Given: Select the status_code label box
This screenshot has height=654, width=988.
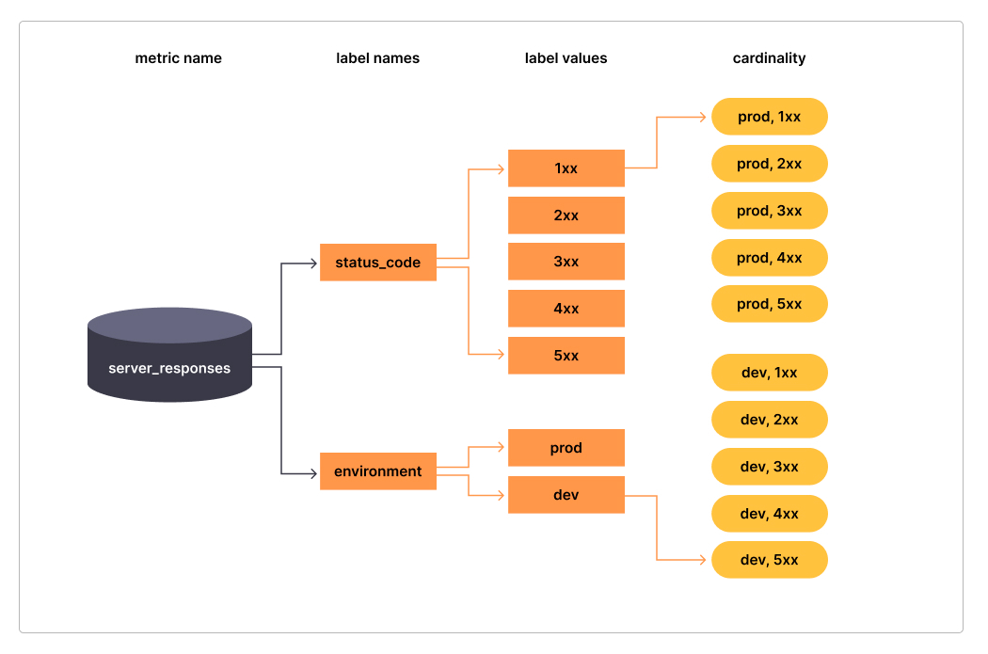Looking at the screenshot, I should [377, 263].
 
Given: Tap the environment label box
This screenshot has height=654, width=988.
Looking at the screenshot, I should [377, 471].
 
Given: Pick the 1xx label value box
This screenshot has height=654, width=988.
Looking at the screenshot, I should [566, 168].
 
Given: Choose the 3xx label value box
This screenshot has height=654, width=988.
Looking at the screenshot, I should [566, 262].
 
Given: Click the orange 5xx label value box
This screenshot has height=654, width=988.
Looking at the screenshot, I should [566, 356].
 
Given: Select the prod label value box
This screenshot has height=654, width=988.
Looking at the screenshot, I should [566, 448].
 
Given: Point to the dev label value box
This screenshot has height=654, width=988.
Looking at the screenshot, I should [566, 495].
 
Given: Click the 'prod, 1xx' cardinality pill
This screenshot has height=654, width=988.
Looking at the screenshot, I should [769, 117].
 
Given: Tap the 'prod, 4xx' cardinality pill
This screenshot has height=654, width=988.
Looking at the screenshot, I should [769, 258].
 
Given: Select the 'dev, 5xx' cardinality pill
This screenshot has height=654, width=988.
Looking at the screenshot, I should [769, 560].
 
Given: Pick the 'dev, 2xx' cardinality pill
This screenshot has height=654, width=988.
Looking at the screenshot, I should [769, 420].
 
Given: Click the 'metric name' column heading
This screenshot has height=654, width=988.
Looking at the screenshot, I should [178, 58].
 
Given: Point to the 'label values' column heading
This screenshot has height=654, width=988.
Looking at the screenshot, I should [566, 58].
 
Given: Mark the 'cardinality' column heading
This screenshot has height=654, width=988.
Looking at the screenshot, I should [769, 58].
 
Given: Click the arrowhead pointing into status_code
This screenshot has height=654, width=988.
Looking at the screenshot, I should [313, 263].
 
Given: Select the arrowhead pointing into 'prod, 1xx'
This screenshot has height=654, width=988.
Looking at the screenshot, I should [702, 118].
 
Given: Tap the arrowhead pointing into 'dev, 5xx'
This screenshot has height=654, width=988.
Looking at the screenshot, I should [702, 560].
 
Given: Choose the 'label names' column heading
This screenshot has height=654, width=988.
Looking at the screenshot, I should [377, 58].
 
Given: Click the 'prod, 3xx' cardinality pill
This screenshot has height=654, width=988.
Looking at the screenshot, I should [769, 211].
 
